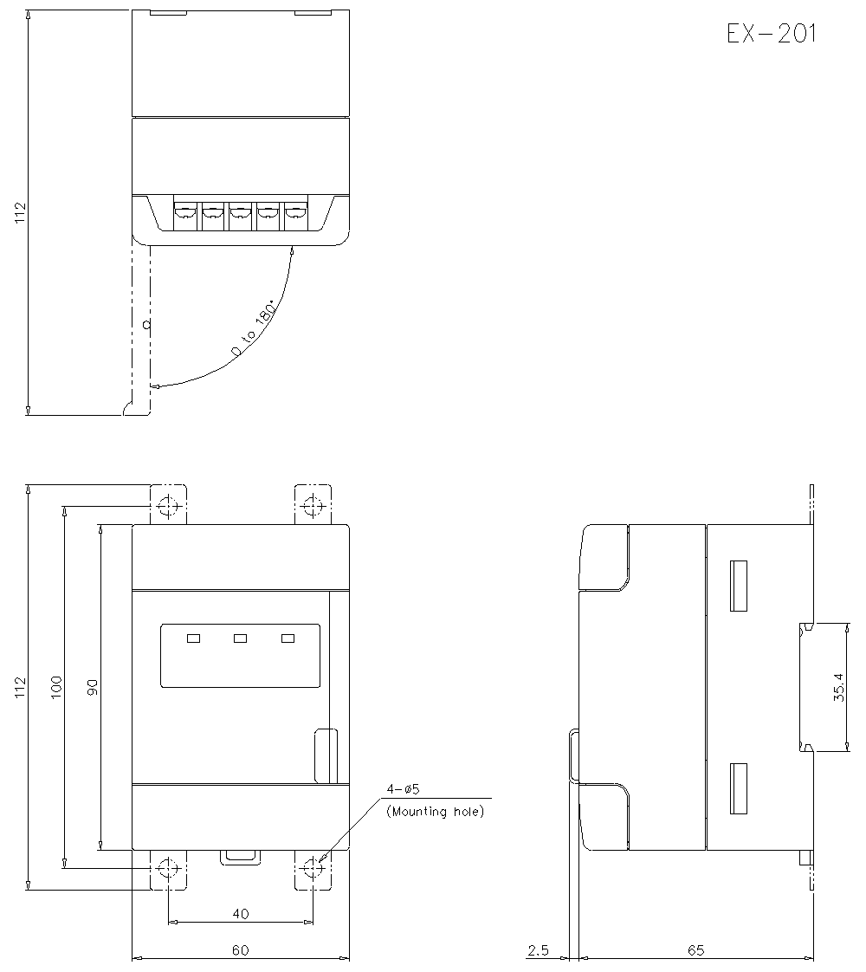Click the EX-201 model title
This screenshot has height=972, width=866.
(x=772, y=34)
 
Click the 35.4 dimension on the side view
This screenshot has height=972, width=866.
(x=839, y=687)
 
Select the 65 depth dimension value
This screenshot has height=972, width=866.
(x=696, y=950)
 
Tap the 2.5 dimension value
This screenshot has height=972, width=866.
(x=538, y=950)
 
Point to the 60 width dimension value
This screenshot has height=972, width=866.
(x=241, y=950)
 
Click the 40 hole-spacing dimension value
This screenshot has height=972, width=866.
(x=241, y=914)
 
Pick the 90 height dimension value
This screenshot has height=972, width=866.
(x=93, y=687)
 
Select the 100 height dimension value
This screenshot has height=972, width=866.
(x=56, y=687)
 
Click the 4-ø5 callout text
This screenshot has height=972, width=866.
(x=404, y=789)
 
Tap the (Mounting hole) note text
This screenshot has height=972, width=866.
(x=436, y=812)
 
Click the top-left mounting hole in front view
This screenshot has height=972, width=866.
(x=168, y=507)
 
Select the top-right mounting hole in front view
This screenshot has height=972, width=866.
(x=313, y=507)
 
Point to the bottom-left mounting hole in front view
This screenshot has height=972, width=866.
(x=168, y=868)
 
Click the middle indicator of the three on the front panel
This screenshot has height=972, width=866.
(x=241, y=638)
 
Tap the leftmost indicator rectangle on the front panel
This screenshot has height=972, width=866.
(x=193, y=638)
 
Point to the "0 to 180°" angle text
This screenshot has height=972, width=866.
(x=254, y=329)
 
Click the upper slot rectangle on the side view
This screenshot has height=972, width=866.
(x=739, y=586)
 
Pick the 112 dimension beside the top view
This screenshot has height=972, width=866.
(x=21, y=212)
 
